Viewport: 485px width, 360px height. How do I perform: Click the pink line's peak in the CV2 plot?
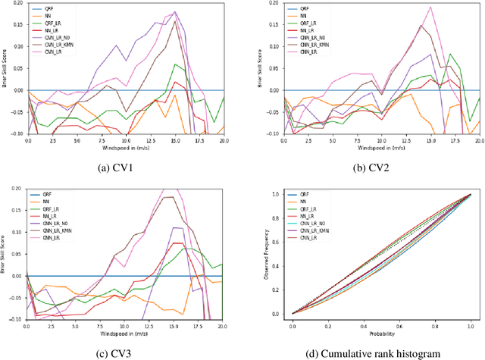pos(430,8)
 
